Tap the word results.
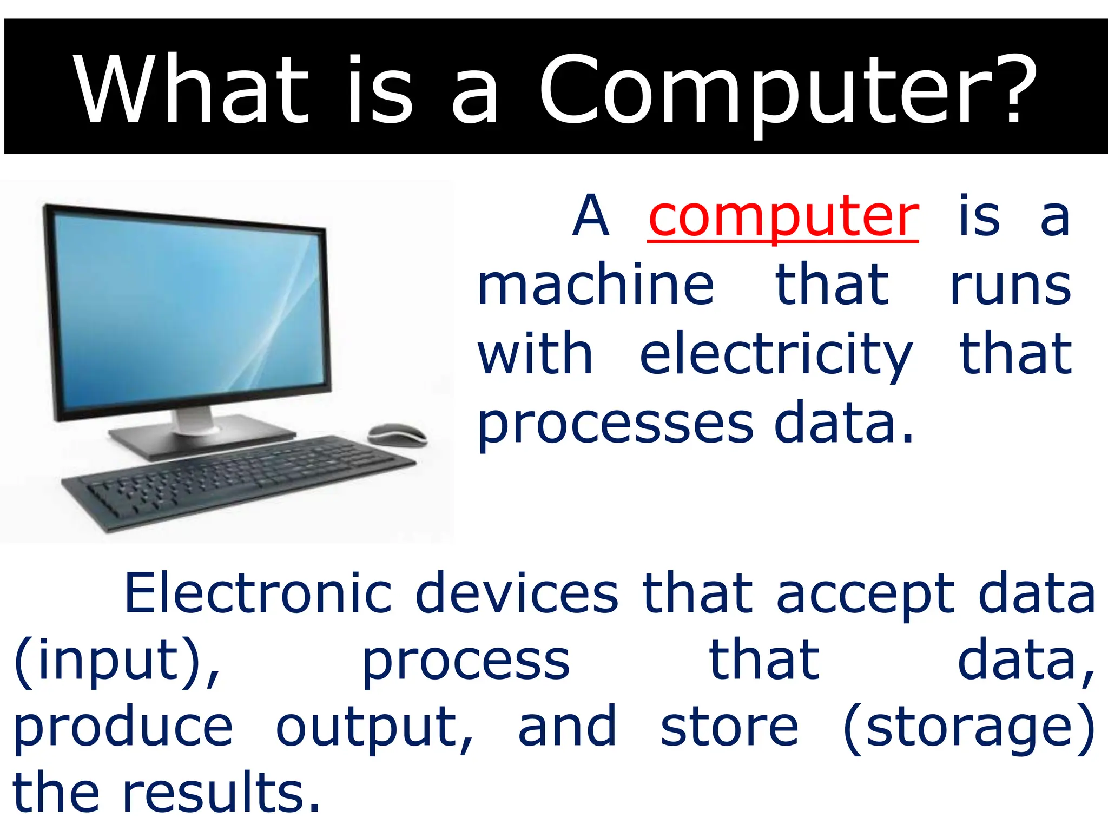pyautogui.click(x=222, y=793)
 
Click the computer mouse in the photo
pyautogui.click(x=398, y=434)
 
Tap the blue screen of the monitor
pyautogui.click(x=189, y=308)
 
